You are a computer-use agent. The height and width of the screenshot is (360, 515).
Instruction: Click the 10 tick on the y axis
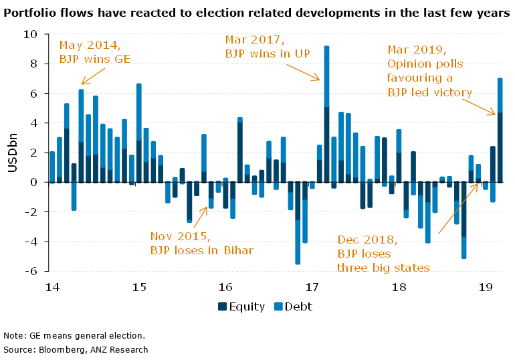point(31,34)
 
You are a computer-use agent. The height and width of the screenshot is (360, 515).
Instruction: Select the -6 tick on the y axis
point(31,271)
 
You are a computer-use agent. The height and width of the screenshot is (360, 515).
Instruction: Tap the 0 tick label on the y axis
point(34,182)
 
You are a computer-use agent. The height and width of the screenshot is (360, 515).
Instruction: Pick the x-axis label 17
point(312,288)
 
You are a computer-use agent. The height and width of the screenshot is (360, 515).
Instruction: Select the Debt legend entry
point(293,307)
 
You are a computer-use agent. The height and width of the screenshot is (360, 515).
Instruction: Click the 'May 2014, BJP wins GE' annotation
point(94,52)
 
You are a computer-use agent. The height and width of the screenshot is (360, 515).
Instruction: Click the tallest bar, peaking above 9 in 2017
point(326,114)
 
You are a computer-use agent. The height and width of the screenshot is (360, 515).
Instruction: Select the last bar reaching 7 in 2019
point(500,130)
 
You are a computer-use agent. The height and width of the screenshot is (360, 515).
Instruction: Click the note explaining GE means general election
point(74,335)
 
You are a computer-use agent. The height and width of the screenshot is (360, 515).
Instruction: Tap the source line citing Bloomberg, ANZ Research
point(76,349)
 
